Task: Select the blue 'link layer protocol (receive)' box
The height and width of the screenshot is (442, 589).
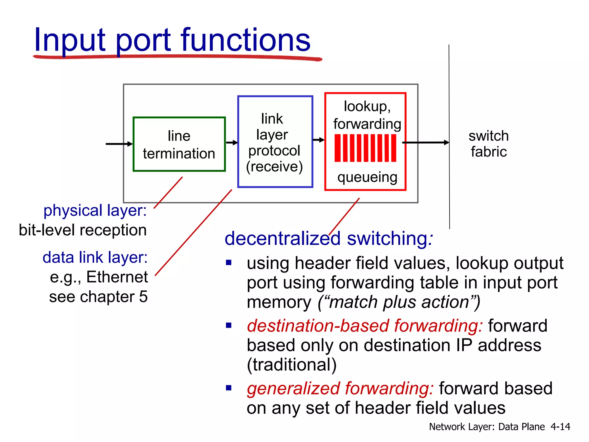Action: click(275, 142)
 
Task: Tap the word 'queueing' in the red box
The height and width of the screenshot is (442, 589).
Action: click(367, 177)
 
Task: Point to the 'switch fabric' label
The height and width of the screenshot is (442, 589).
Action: click(488, 144)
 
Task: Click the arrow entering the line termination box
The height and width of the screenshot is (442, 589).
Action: click(119, 144)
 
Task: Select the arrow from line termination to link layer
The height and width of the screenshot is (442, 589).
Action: click(232, 142)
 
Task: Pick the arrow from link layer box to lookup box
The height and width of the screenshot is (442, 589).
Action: click(318, 140)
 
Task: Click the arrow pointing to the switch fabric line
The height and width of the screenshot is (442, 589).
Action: click(426, 142)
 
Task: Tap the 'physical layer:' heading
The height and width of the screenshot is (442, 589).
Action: click(95, 210)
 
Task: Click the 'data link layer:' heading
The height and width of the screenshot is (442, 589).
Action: click(95, 257)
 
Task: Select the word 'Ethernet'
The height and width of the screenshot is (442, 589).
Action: click(117, 277)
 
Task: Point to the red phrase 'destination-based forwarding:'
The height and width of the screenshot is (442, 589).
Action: click(365, 326)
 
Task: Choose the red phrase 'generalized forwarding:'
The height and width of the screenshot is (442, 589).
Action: click(340, 388)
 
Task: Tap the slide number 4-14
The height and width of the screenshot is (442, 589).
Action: click(560, 426)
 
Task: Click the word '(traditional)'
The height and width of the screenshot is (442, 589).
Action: click(292, 365)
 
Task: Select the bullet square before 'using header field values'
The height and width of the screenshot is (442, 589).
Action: click(229, 262)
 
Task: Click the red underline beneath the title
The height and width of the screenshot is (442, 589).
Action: click(177, 57)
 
